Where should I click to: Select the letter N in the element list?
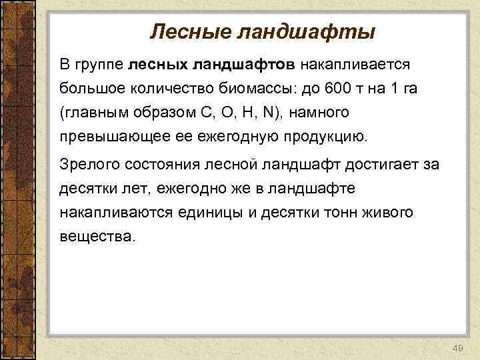268,113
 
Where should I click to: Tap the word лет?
137,189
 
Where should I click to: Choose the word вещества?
96,235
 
